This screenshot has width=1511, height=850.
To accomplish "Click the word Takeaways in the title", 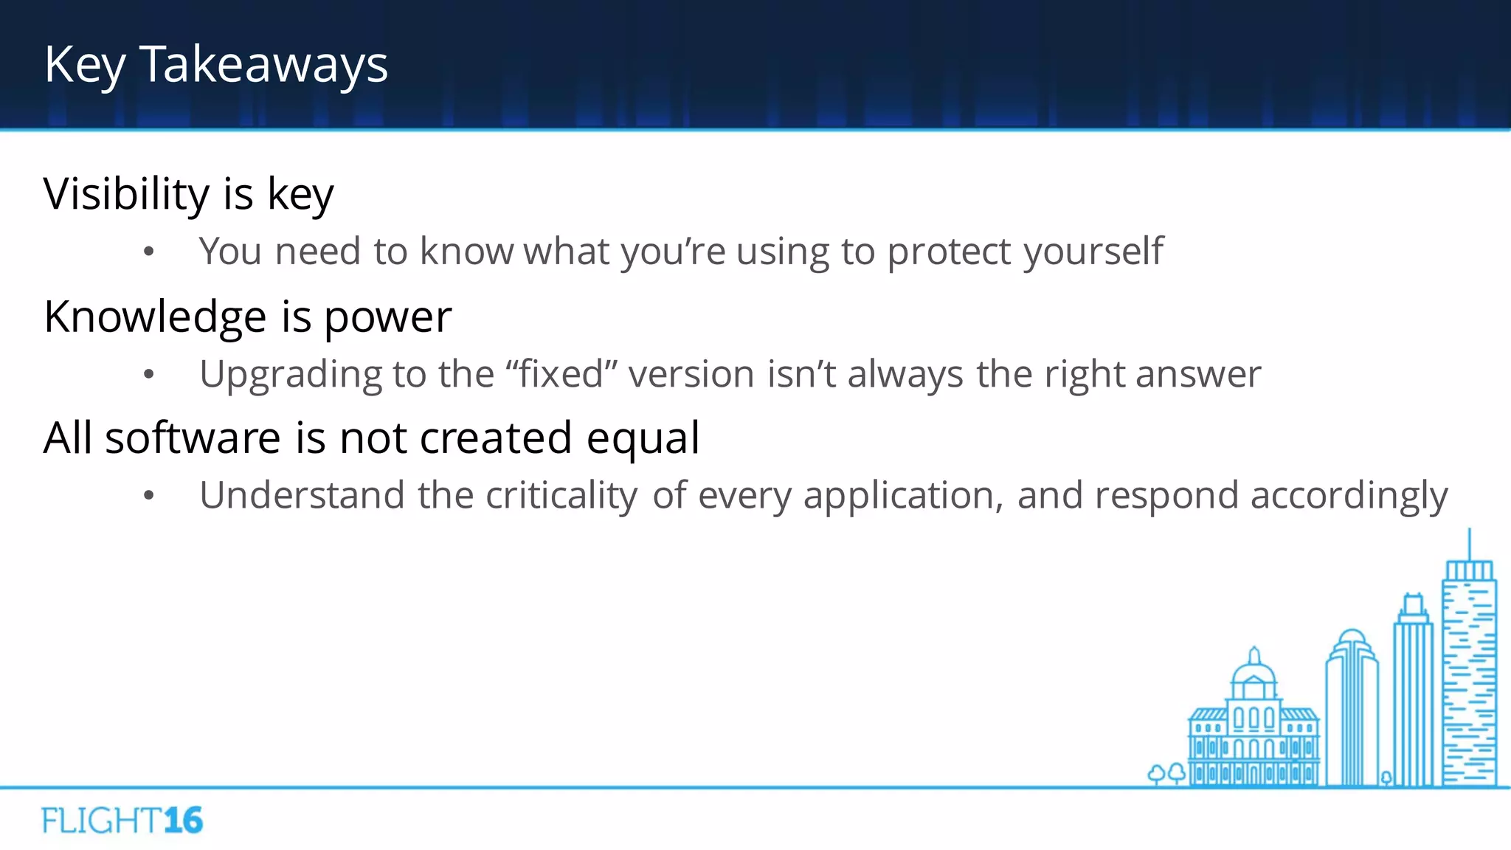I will pos(263,65).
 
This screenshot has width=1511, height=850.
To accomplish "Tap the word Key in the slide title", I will pos(84,65).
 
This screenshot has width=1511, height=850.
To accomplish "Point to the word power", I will pos(387,319).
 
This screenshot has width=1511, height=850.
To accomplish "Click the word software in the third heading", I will pos(193,438).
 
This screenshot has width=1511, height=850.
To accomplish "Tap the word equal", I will pos(643,440).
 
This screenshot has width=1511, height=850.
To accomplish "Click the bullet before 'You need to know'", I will pos(149,252).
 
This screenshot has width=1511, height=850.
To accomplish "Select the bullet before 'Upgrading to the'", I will pos(149,375).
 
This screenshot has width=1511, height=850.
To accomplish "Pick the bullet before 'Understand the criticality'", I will pos(149,496).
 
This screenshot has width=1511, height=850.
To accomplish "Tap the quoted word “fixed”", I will pos(561,373).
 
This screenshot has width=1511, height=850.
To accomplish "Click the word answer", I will pos(1198,375).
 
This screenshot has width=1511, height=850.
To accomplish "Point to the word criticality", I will pos(561,496).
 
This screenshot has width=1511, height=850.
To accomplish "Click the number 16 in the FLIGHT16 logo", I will pos(183,820).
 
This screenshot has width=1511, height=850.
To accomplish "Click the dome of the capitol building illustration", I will pos(1254,672).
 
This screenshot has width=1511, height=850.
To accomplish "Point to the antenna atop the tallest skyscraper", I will pos(1469,545).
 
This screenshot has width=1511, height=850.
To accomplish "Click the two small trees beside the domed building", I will pos(1166,773).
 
